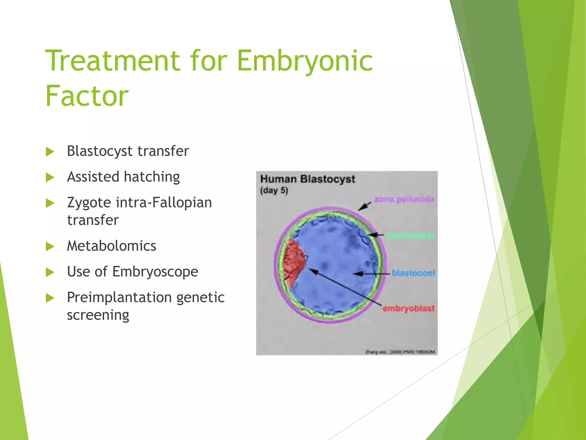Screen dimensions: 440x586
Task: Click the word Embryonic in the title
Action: tap(305, 61)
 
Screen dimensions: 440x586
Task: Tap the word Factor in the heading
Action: tap(87, 96)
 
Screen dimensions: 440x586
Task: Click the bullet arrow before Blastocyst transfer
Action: tap(50, 152)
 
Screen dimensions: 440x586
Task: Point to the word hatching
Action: tap(152, 177)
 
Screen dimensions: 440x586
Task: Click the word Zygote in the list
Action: tap(89, 203)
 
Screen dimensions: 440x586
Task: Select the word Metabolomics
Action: tap(112, 246)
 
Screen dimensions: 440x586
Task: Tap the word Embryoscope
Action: tap(155, 272)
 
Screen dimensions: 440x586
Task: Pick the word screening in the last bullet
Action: tap(98, 315)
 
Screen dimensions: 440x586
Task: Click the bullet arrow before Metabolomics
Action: tap(50, 246)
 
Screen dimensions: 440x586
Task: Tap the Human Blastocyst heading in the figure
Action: tap(307, 179)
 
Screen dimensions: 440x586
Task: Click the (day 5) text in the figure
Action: tap(274, 190)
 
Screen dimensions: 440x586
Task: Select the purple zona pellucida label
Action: tap(404, 199)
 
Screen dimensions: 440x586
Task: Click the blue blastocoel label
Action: tap(413, 273)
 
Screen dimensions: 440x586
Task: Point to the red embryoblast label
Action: tap(408, 309)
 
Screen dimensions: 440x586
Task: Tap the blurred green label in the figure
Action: tap(410, 236)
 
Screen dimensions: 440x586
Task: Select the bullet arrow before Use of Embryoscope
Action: tap(50, 272)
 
